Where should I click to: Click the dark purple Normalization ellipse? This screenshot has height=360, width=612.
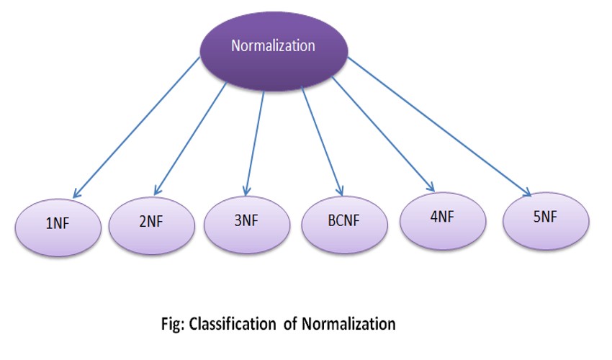pyautogui.click(x=273, y=48)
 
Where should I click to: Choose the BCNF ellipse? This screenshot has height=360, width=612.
pyautogui.click(x=343, y=220)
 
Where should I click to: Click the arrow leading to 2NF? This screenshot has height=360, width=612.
pyautogui.click(x=191, y=137)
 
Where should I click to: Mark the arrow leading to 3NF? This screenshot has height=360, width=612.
pyautogui.click(x=255, y=141)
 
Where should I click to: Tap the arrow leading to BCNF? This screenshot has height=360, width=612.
pyautogui.click(x=321, y=140)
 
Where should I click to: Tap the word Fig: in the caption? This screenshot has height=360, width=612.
pyautogui.click(x=174, y=324)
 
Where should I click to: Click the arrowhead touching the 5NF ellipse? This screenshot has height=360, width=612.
pyautogui.click(x=527, y=192)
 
